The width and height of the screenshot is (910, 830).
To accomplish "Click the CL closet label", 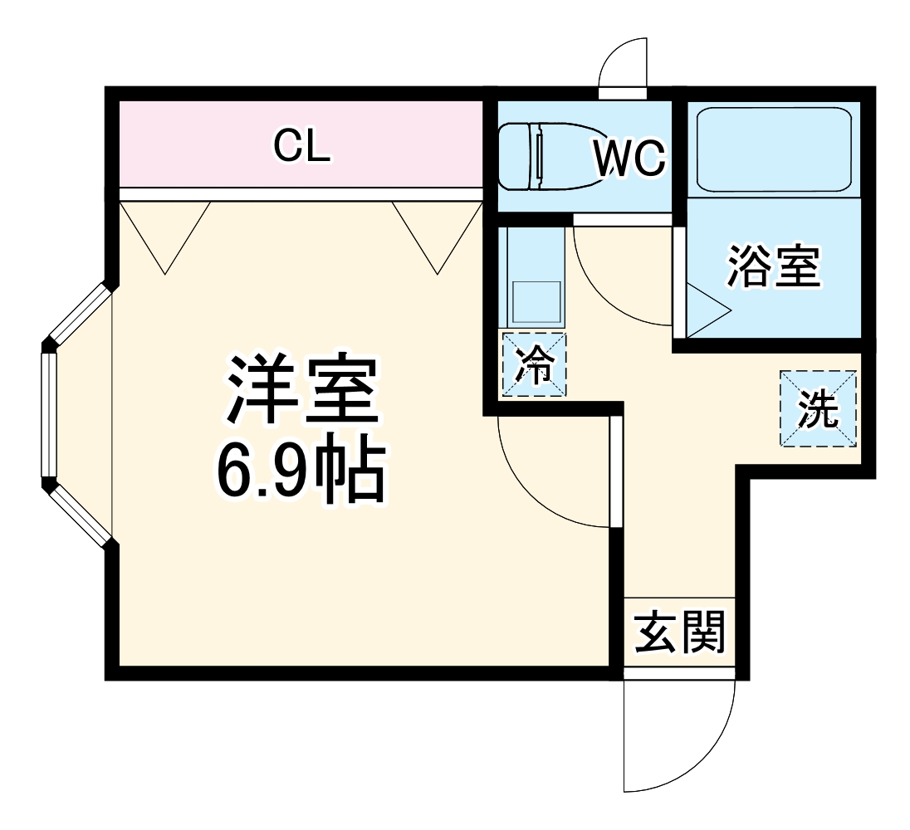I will tap(302, 147).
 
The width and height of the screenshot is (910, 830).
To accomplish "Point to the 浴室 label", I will tap(774, 266).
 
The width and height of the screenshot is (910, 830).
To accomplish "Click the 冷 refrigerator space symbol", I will tap(535, 364).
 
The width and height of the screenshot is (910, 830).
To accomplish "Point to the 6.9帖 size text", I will tap(301, 471).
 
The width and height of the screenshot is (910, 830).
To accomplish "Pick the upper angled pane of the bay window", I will tap(80, 314).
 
